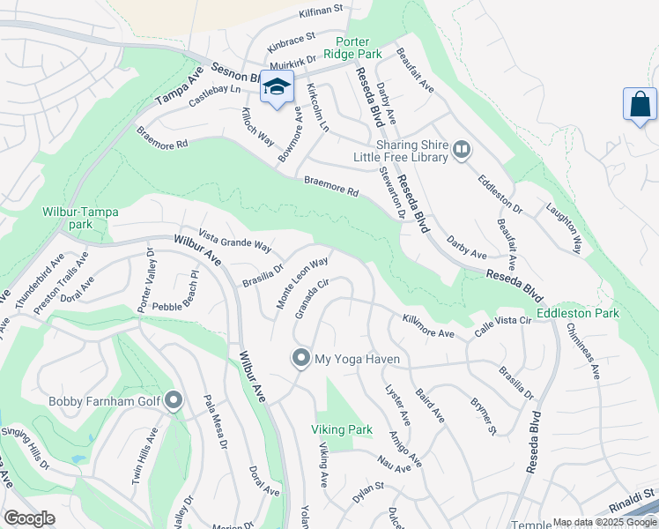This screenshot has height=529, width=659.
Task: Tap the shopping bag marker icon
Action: pos(640,104)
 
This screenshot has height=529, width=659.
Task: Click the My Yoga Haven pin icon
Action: pos(301,359)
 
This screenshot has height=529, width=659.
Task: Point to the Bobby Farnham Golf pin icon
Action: pos(173,402)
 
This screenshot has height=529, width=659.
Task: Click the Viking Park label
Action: pos(337,429)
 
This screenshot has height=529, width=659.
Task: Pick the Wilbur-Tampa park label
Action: pos(79,218)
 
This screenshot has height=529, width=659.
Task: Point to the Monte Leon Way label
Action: pos(302,282)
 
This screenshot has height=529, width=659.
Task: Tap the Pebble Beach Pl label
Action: pos(178,306)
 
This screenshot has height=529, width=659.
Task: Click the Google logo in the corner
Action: pos(29,518)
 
